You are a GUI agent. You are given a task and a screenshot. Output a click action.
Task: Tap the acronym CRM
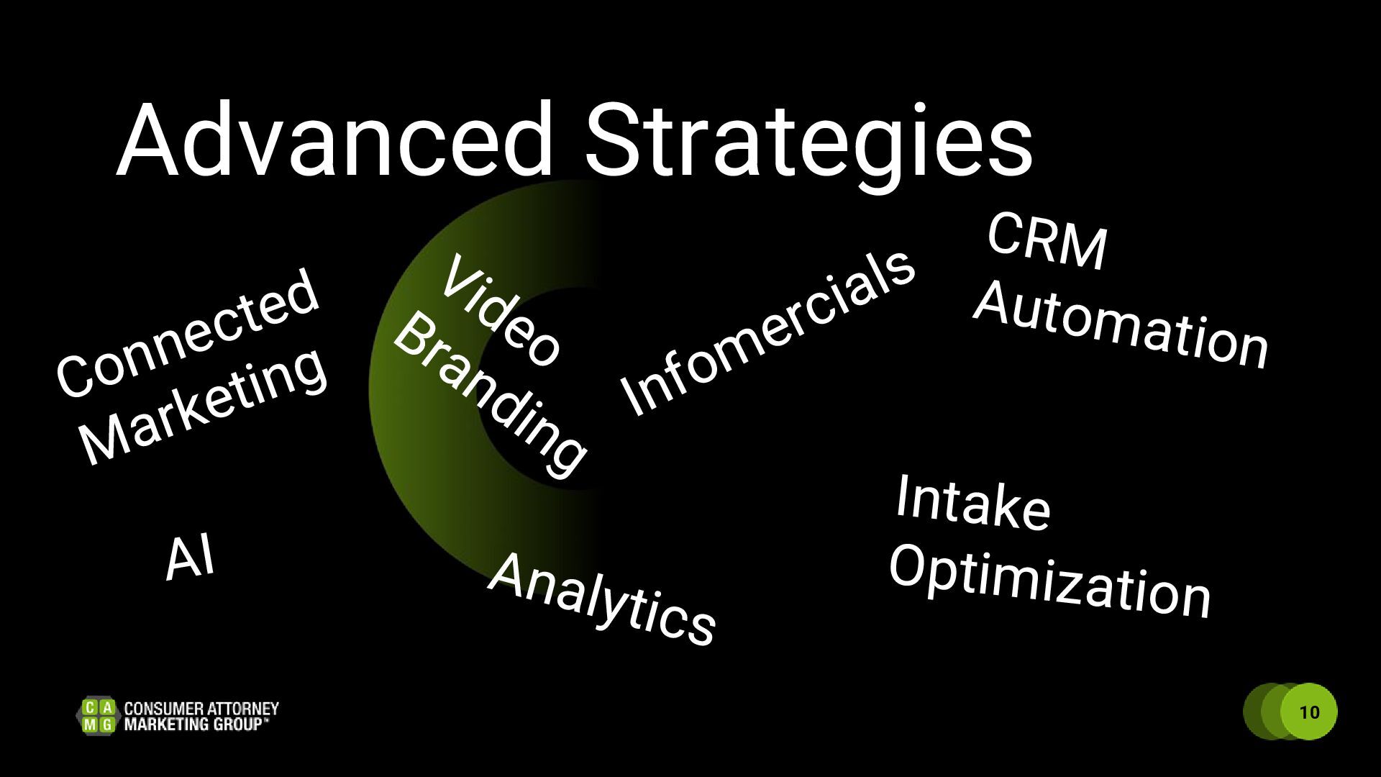pos(1047,242)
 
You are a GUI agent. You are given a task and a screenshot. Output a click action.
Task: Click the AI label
pos(190,558)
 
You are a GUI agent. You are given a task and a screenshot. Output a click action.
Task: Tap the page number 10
pos(1310,712)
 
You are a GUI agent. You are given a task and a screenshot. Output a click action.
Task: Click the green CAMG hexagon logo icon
pos(97,715)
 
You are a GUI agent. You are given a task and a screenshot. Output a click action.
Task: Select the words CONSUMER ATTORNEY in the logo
pos(201,708)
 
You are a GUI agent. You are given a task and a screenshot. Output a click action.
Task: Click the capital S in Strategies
pos(619,140)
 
